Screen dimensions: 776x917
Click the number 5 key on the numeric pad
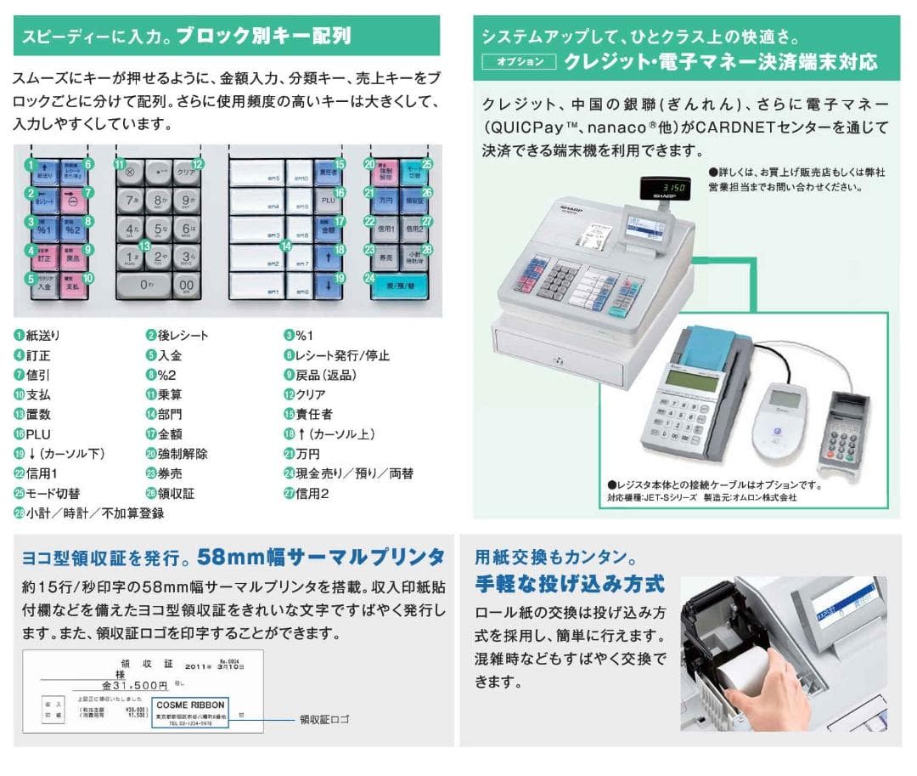pos(158,229)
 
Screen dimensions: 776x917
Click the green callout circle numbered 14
pos(287,246)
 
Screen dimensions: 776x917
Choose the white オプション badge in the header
pos(519,62)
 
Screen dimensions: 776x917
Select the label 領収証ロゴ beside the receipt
pos(324,719)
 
